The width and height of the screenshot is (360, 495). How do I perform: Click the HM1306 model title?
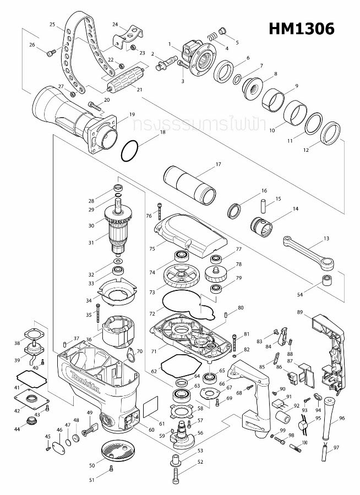[x=302, y=28]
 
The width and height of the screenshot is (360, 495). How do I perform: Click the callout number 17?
[x=218, y=164]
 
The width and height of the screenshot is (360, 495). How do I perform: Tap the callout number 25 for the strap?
[x=52, y=25]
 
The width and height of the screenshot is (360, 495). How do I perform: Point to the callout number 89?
[x=300, y=312]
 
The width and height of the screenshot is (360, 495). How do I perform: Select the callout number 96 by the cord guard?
[x=342, y=419]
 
